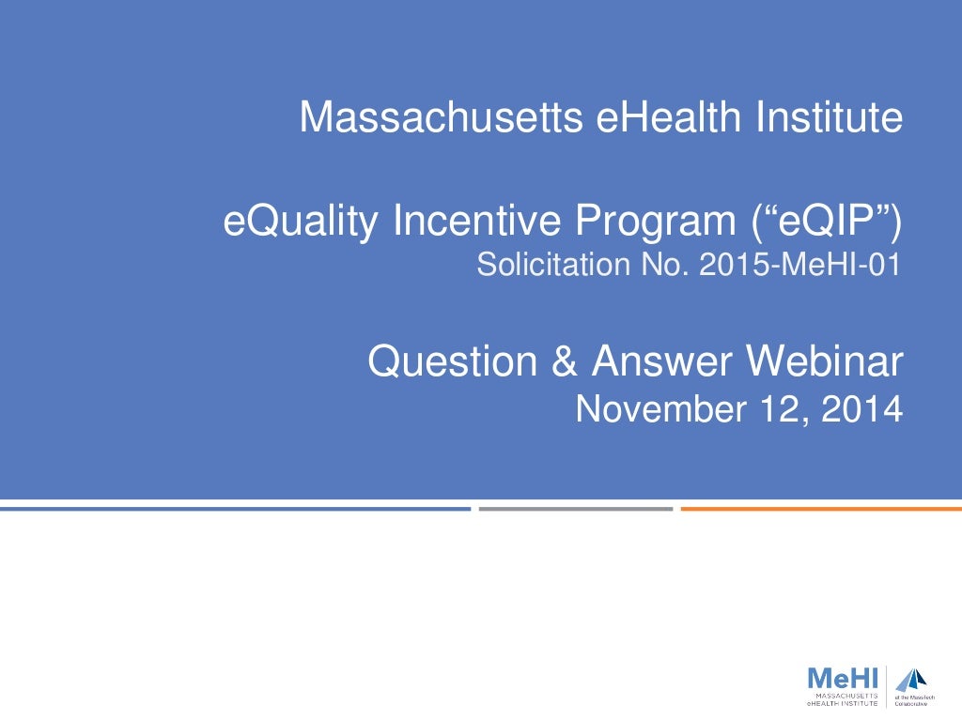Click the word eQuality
tap(301, 222)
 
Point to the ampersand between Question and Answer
tap(565, 361)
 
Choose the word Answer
tap(663, 361)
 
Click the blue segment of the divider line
tap(235, 509)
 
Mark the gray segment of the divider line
tap(575, 509)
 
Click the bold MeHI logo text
tap(843, 678)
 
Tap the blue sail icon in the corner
tap(910, 680)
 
